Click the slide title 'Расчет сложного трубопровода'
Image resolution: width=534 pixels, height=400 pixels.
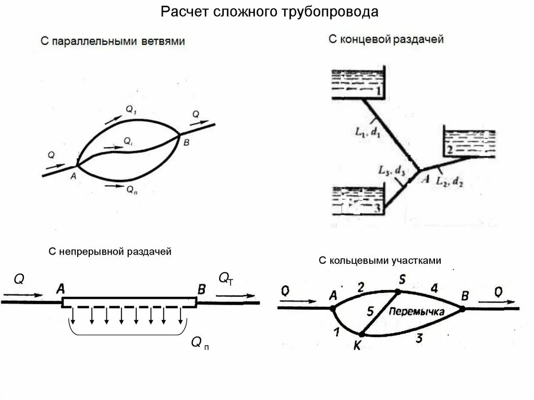pyautogui.click(x=269, y=11)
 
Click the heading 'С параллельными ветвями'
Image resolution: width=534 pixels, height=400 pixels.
pyautogui.click(x=113, y=41)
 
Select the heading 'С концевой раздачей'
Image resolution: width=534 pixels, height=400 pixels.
pyautogui.click(x=386, y=39)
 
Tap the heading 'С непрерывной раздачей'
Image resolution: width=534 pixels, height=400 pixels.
pyautogui.click(x=110, y=252)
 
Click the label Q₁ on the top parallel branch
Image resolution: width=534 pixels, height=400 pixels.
pyautogui.click(x=130, y=109)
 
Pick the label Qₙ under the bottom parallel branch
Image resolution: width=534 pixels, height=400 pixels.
pyautogui.click(x=132, y=190)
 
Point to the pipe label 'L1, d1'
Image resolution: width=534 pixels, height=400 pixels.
pyautogui.click(x=368, y=132)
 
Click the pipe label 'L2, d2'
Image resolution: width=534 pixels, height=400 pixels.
pyautogui.click(x=450, y=181)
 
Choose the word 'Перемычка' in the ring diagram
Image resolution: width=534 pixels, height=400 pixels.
pyautogui.click(x=416, y=311)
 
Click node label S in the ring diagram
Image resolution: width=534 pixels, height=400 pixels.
pyautogui.click(x=402, y=280)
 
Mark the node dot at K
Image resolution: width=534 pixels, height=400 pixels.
pyautogui.click(x=360, y=334)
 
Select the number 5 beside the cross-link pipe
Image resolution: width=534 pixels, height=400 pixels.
pyautogui.click(x=370, y=312)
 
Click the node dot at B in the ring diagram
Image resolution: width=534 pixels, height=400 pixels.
pyautogui.click(x=462, y=309)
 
